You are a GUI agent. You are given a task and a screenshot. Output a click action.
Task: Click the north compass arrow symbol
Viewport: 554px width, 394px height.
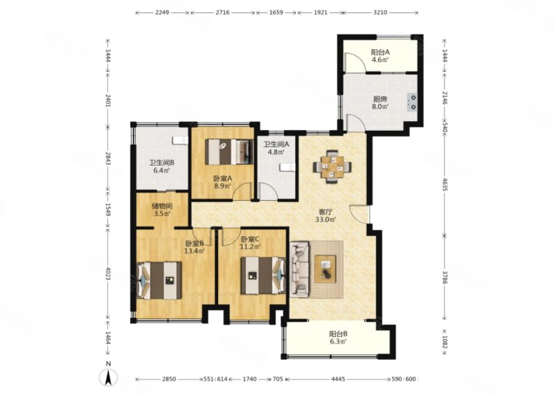109,377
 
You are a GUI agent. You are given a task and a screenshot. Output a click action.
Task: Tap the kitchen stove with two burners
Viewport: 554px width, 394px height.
412,102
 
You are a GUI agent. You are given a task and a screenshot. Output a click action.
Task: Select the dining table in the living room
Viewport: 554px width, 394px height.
332,166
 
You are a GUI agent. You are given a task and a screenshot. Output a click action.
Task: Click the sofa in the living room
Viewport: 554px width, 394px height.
300,269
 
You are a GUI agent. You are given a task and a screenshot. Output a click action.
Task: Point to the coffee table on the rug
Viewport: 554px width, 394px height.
325,269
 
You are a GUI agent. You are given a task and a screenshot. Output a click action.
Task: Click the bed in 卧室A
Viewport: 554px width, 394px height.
229,152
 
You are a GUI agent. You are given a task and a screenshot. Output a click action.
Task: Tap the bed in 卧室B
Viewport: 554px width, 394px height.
159,280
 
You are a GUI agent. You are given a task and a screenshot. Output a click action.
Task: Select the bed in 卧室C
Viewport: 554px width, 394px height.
263,276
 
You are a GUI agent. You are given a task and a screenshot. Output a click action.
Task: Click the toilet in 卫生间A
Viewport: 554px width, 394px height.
287,168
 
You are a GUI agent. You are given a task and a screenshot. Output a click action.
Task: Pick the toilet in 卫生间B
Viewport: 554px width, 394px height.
180,141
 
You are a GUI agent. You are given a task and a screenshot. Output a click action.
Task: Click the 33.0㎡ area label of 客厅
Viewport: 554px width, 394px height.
325,220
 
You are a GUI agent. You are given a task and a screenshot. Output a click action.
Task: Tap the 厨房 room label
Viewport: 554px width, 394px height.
380,100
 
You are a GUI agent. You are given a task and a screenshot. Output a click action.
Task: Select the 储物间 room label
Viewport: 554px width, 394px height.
162,206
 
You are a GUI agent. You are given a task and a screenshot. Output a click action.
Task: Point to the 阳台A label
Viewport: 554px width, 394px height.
380,53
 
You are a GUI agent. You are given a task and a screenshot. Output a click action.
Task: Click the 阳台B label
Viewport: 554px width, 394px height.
339,334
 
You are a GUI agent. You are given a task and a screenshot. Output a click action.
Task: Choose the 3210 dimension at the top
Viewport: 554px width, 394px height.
380,12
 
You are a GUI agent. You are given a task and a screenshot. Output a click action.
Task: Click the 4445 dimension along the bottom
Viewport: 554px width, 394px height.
338,379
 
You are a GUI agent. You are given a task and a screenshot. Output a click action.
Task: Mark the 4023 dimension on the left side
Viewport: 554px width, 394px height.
107,274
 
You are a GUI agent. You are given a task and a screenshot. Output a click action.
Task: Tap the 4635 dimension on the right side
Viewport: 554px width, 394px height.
444,184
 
